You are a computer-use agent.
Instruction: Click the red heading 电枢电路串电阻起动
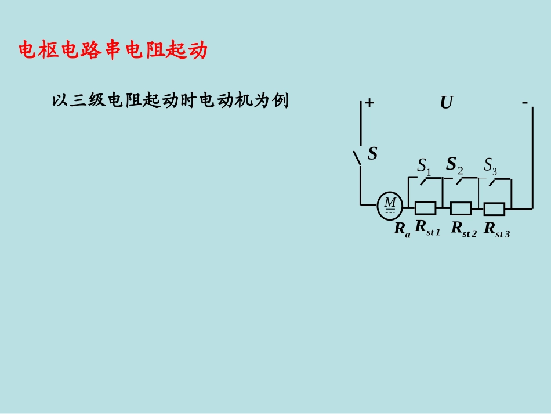tap(113, 51)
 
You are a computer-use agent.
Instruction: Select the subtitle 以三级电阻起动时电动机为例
tap(170, 101)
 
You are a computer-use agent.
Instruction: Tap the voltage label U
tap(446, 103)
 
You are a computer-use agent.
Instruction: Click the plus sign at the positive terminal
tap(369, 103)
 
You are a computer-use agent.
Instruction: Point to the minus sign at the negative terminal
tap(524, 102)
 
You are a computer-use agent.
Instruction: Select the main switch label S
tap(372, 153)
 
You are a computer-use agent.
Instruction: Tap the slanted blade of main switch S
tap(357, 157)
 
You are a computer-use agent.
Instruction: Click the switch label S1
tap(424, 166)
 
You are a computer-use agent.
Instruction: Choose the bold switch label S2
tap(454, 165)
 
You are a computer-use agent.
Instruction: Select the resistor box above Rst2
tap(461, 207)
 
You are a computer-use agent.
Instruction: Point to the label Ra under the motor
tap(402, 229)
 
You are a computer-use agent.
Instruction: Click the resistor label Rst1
tap(428, 228)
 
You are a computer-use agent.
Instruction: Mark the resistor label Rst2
tap(463, 228)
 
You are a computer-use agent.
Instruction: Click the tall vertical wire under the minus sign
tap(532, 157)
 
